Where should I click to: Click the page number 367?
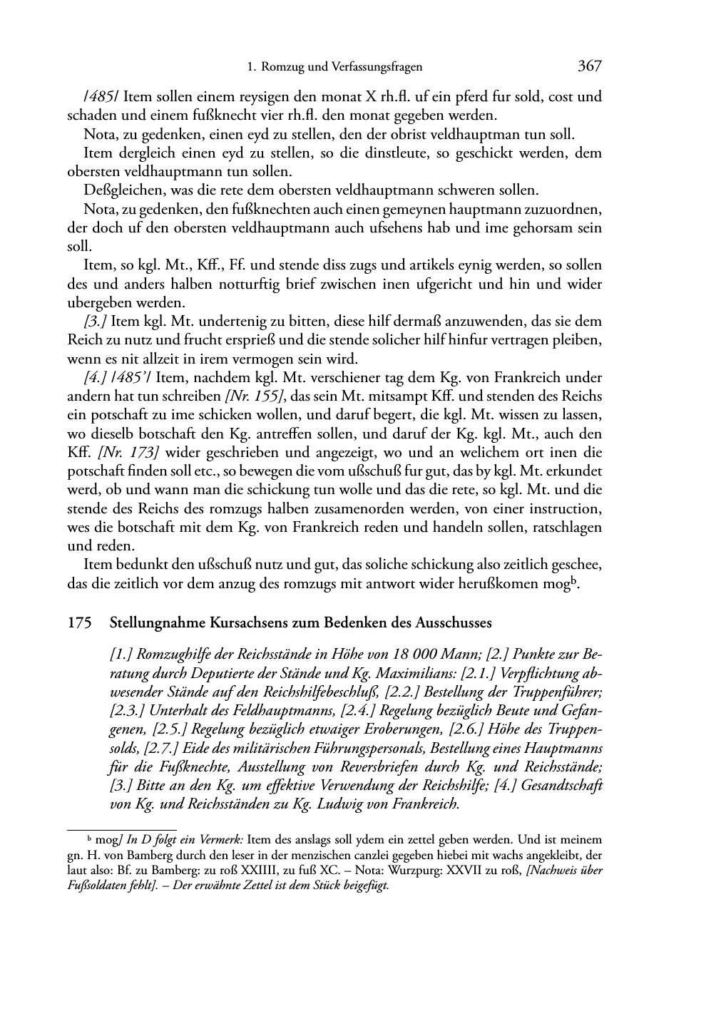click(x=590, y=66)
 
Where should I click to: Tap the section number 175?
click(x=79, y=622)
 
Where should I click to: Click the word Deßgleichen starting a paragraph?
click(x=116, y=190)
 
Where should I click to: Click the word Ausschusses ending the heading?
click(x=457, y=622)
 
